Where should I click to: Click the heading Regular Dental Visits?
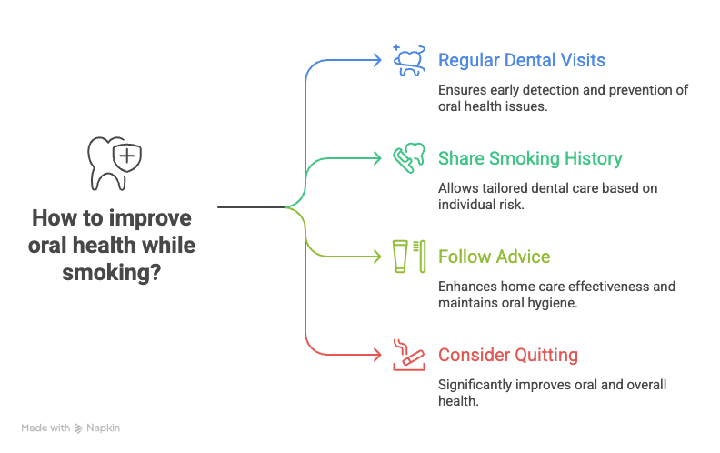click(521, 61)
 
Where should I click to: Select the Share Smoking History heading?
click(530, 158)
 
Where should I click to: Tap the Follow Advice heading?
click(494, 257)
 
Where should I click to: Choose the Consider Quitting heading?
click(507, 355)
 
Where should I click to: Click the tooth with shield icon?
click(114, 163)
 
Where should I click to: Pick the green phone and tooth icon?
click(409, 157)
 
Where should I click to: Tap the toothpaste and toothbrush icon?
click(409, 256)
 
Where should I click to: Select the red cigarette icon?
click(408, 354)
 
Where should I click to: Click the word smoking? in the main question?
click(113, 271)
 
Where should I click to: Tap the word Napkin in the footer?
click(105, 427)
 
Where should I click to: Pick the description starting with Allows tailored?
click(547, 196)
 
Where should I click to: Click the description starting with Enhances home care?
click(556, 294)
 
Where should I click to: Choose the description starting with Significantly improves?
click(552, 392)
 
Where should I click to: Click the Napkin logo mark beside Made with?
click(79, 427)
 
